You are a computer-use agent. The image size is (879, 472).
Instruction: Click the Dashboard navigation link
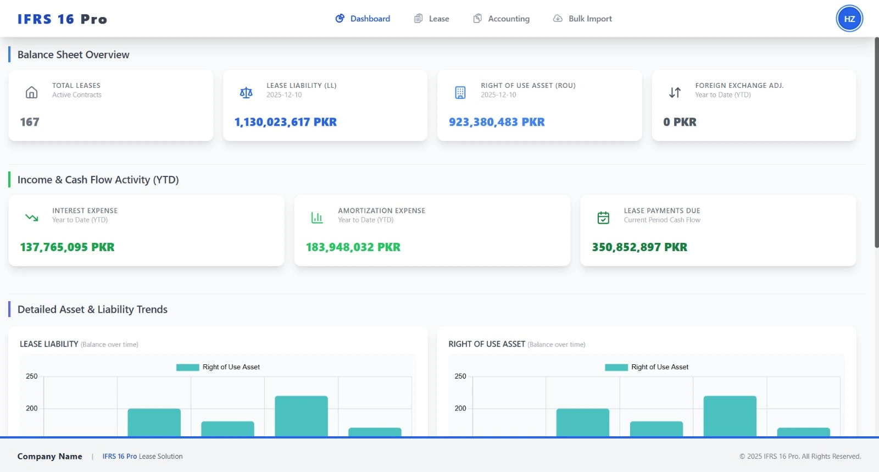(363, 19)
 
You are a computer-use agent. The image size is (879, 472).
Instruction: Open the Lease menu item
(432, 19)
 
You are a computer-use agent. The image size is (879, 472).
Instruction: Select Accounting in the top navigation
(502, 19)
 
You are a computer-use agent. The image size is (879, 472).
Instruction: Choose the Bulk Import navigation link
(582, 19)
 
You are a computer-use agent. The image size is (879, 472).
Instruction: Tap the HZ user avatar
(849, 19)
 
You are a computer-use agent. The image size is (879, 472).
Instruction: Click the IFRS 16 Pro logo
(62, 19)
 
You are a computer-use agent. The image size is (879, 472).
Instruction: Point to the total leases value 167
(30, 122)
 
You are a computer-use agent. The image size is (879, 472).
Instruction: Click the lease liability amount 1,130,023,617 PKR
(285, 122)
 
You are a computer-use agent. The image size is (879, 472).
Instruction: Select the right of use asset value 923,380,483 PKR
(497, 122)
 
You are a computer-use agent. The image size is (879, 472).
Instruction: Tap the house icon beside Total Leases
(32, 92)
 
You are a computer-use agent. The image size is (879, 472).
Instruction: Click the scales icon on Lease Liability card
(246, 92)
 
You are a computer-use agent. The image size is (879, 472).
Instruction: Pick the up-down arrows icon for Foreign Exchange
(675, 92)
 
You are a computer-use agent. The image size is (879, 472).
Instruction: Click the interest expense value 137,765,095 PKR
(67, 247)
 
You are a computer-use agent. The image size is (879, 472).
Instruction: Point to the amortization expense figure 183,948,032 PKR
(353, 247)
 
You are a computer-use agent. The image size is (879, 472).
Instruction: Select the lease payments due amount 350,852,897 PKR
(639, 247)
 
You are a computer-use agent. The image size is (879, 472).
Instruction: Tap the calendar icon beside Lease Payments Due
(603, 218)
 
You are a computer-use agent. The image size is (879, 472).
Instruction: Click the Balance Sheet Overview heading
(73, 55)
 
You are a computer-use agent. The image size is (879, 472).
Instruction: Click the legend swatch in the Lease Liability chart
(187, 367)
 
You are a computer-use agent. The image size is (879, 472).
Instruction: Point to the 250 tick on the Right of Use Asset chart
(460, 376)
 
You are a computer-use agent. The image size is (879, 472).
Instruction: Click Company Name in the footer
(49, 456)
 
